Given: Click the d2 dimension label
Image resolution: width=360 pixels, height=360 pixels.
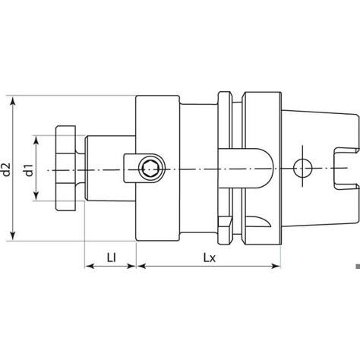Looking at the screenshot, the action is pos(6,169).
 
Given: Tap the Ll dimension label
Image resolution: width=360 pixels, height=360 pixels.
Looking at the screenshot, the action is pos(112,258).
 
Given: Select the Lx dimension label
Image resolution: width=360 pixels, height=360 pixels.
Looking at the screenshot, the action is pos(209,258).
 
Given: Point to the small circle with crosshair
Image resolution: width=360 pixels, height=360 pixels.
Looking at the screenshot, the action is pos(302,168).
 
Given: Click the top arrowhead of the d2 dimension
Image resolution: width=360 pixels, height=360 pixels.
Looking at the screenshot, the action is pos(13,100).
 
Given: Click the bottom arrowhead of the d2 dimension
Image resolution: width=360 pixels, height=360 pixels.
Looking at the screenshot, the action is pos(13,235).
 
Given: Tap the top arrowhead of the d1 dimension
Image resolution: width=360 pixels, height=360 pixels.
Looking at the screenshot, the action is pos(36,141).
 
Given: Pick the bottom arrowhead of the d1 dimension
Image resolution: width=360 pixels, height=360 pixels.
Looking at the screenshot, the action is pos(36,196).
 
